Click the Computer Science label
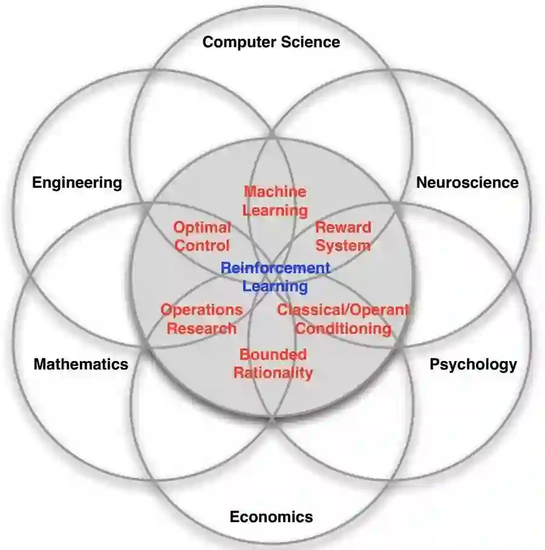[271, 42]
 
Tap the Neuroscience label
[467, 182]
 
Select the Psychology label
[473, 364]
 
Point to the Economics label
[271, 517]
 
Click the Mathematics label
[81, 364]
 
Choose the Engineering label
[77, 182]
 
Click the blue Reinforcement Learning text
[275, 277]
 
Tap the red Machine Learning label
[275, 201]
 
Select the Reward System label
[343, 236]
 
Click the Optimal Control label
[202, 236]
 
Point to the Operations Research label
[201, 319]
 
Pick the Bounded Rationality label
[273, 363]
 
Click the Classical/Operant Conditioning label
[343, 319]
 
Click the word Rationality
[273, 373]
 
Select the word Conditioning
[343, 329]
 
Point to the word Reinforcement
[275, 268]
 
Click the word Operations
[201, 310]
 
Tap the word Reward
[343, 228]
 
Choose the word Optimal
[202, 228]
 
